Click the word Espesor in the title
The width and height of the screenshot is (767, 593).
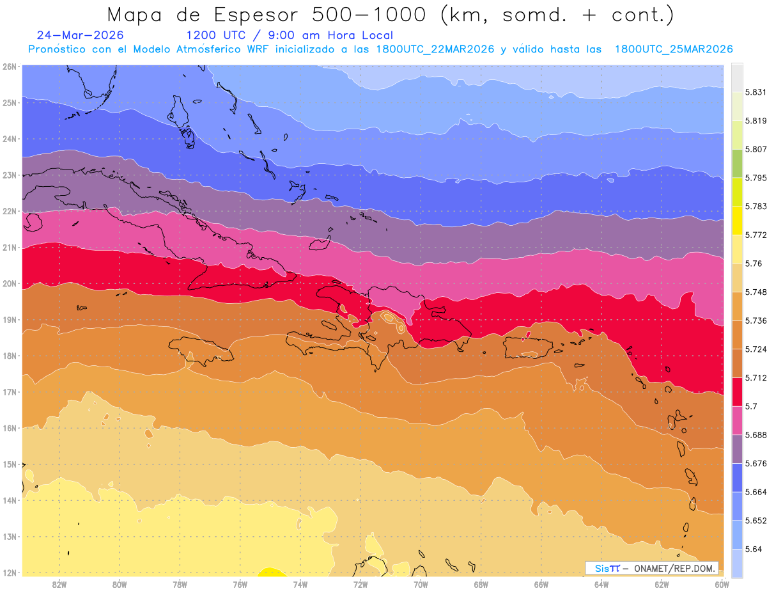pyautogui.click(x=256, y=15)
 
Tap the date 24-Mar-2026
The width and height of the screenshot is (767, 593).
pyautogui.click(x=80, y=35)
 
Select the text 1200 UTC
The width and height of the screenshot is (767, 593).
pyautogui.click(x=215, y=35)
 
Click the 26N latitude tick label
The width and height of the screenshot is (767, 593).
pyautogui.click(x=9, y=67)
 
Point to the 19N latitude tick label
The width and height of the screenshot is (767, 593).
pyautogui.click(x=9, y=320)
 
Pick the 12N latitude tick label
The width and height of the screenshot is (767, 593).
pyautogui.click(x=9, y=573)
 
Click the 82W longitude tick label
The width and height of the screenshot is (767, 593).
pyautogui.click(x=59, y=585)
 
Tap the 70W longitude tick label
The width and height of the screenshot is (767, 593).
pyautogui.click(x=421, y=585)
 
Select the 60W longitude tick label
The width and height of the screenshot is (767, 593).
pyautogui.click(x=722, y=585)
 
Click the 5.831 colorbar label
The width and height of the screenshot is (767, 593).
pyautogui.click(x=755, y=93)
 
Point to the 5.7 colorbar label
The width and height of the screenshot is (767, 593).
pyautogui.click(x=751, y=406)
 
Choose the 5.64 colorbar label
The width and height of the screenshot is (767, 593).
pyautogui.click(x=753, y=550)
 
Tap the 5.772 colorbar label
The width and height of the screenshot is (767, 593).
pyautogui.click(x=755, y=235)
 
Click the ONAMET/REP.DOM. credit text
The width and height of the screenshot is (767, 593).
pyautogui.click(x=674, y=569)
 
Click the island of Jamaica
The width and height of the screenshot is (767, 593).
pyautogui.click(x=201, y=351)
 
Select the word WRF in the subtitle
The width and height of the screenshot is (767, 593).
pyautogui.click(x=258, y=49)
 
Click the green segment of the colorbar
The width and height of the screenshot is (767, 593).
pyautogui.click(x=736, y=164)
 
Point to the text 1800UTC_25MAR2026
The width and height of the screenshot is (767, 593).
pyautogui.click(x=674, y=49)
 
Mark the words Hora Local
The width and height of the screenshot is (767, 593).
pyautogui.click(x=360, y=35)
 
